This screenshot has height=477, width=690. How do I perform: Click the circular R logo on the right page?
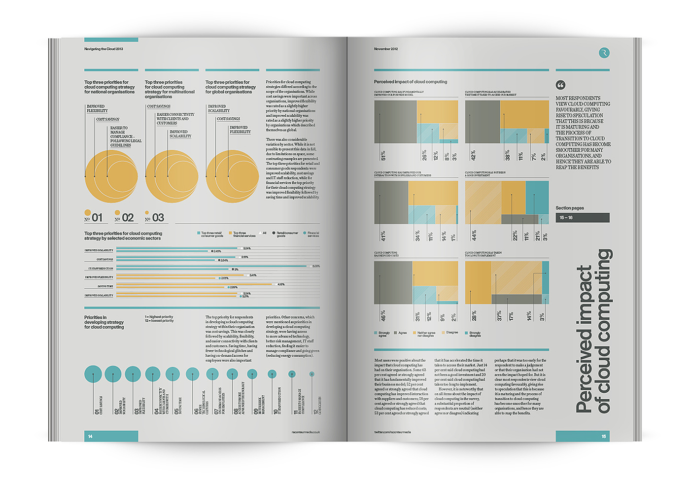point(604,53)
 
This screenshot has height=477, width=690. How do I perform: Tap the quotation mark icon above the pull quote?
point(560,85)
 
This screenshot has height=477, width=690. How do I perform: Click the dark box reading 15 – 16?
point(583,217)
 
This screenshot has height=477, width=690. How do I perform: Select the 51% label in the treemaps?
point(383,156)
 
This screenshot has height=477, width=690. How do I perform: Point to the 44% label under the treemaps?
point(474,236)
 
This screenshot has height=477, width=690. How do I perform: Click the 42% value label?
point(474,156)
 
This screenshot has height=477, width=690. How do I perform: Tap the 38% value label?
point(508,156)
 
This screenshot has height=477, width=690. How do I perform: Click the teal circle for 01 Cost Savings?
point(93,375)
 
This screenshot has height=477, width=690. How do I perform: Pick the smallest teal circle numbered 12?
point(311,374)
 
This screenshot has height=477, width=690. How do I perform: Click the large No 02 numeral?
point(128,218)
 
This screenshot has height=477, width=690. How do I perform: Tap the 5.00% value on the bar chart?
point(316,266)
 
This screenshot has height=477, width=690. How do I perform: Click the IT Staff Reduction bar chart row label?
point(101,269)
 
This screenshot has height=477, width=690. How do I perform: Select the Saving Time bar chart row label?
point(105,286)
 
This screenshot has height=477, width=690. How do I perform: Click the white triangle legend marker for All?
point(260,233)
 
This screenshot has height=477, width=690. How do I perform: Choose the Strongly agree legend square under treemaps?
point(376,333)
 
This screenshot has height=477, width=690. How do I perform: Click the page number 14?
point(90,436)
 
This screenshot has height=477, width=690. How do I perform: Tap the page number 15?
point(604,436)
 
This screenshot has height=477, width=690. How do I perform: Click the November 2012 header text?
point(386,49)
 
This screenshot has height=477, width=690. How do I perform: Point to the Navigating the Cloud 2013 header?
point(103,49)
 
